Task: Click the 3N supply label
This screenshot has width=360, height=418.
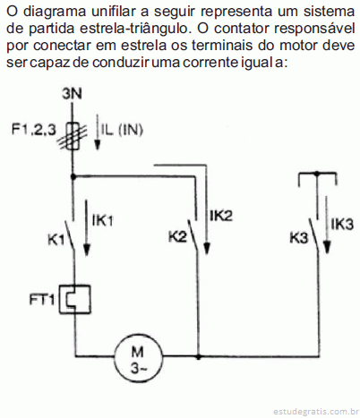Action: [x=72, y=94]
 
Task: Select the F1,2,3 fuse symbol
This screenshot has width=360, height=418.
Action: [x=73, y=136]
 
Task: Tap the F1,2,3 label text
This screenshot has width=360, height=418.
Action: [x=33, y=130]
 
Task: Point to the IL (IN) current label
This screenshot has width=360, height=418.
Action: [x=122, y=130]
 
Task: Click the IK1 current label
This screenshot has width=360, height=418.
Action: [x=103, y=220]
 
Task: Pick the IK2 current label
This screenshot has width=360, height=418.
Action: [x=221, y=216]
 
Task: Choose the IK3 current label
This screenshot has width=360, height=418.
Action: [x=342, y=224]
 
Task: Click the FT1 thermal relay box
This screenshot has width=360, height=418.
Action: [x=74, y=299]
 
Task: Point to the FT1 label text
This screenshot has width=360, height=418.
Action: [x=42, y=300]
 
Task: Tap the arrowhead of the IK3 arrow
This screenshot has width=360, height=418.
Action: [x=327, y=247]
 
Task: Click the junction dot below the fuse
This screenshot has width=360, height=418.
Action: [x=73, y=176]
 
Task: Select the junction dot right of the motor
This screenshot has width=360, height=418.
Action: [x=198, y=356]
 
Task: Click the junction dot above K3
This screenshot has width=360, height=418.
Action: [x=317, y=173]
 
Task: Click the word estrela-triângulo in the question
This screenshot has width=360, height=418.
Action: [x=134, y=29]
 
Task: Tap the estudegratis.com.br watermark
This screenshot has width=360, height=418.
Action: [x=316, y=412]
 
